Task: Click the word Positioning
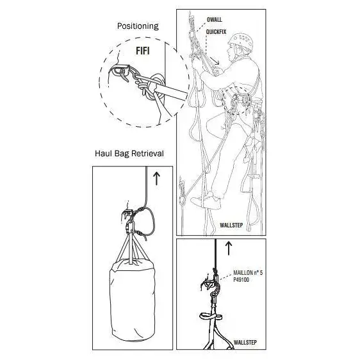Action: tap(138, 26)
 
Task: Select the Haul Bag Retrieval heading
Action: tap(129, 154)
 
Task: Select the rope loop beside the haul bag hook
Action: tap(147, 222)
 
